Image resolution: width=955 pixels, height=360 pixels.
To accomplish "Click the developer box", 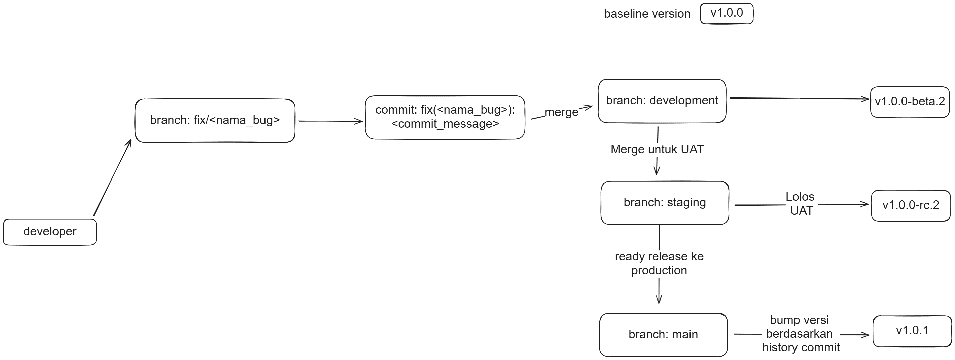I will pyautogui.click(x=50, y=232).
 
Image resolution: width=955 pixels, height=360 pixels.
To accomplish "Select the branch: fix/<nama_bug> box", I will pyautogui.click(x=215, y=120).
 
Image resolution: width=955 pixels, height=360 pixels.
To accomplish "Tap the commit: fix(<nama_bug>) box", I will pyautogui.click(x=445, y=117).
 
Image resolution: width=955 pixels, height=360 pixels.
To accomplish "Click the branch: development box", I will pyautogui.click(x=662, y=101).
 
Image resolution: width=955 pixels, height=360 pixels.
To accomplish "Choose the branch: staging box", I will pyautogui.click(x=664, y=203).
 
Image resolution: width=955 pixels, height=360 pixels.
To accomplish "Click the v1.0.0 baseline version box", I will pyautogui.click(x=726, y=13).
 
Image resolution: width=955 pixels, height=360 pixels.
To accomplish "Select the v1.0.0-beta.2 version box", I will pyautogui.click(x=910, y=102).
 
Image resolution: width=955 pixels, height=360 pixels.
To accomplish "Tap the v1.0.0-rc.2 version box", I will pyautogui.click(x=911, y=205).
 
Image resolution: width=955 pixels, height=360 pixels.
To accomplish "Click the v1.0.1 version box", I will pyautogui.click(x=912, y=331).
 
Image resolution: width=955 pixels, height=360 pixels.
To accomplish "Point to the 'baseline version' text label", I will pyautogui.click(x=647, y=14).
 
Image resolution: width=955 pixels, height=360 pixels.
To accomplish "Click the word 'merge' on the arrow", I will pyautogui.click(x=561, y=112).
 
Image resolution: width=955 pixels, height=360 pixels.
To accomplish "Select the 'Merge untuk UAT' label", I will pyautogui.click(x=657, y=149).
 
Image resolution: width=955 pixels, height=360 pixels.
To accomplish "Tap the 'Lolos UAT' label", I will pyautogui.click(x=801, y=204).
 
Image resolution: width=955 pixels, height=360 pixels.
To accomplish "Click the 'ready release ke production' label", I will pyautogui.click(x=659, y=263).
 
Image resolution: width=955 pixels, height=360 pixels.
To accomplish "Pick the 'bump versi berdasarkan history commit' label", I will pyautogui.click(x=800, y=334).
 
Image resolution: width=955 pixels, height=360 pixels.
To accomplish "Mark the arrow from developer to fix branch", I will pyautogui.click(x=112, y=178).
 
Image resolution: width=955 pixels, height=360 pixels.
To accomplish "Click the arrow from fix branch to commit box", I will pyautogui.click(x=330, y=121).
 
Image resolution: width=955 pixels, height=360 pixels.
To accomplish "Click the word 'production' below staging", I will pyautogui.click(x=659, y=271).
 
